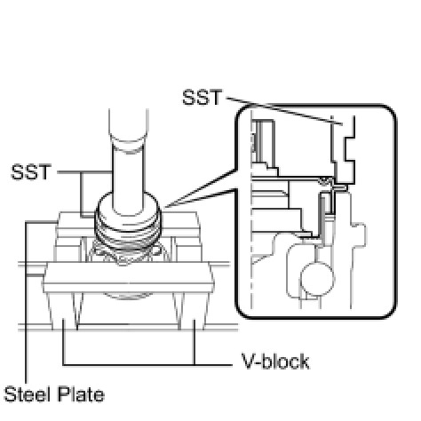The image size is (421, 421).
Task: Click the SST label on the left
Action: [x=31, y=172]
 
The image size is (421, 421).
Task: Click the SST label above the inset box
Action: [x=202, y=97]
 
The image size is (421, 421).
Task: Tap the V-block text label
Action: [x=275, y=361]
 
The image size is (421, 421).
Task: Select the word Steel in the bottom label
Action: [x=28, y=394]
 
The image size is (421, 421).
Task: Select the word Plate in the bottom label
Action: [x=81, y=394]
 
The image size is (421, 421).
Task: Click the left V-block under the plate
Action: [x=65, y=311]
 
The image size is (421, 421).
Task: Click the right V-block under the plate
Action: [x=191, y=311]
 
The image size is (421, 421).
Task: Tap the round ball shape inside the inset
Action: [x=317, y=279]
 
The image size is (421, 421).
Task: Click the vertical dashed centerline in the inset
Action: [x=252, y=209]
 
